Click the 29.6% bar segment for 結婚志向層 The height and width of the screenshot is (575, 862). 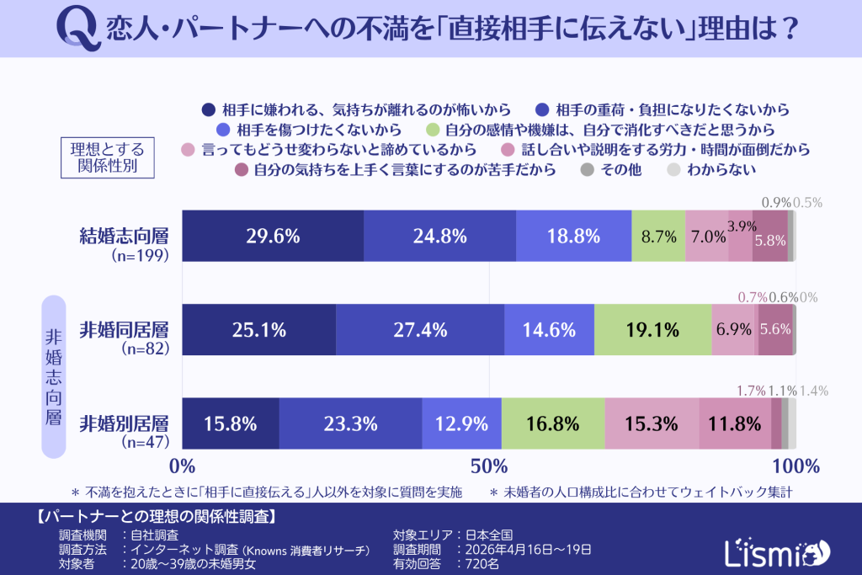(273, 237)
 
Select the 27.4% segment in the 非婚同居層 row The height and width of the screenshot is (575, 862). (418, 330)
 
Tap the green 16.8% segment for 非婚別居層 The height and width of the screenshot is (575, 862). (553, 423)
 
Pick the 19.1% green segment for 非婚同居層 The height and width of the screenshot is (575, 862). (652, 330)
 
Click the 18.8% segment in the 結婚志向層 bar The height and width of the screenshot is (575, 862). (573, 237)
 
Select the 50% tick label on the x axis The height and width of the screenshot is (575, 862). (488, 466)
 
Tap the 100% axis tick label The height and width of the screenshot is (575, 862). (795, 466)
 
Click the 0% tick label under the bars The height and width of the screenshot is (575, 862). (183, 466)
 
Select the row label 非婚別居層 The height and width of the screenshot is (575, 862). (124, 423)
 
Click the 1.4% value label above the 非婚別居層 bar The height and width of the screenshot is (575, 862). (814, 391)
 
